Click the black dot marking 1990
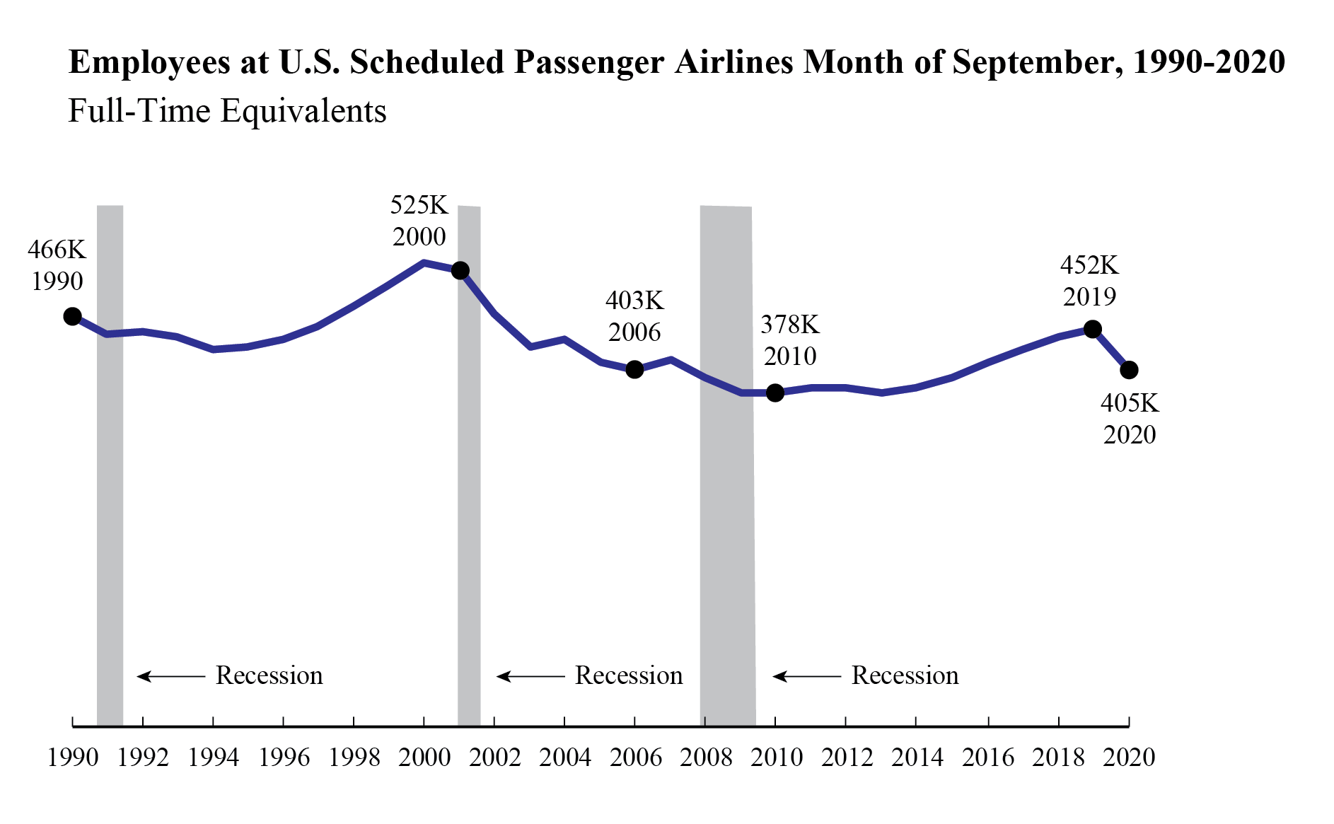click(72, 316)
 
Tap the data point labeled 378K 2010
click(775, 393)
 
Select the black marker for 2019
click(1092, 329)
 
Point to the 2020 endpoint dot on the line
click(1129, 370)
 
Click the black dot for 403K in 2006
click(634, 369)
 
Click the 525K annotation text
click(419, 205)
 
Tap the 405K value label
click(1130, 403)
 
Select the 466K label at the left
click(57, 250)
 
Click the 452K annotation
click(1089, 265)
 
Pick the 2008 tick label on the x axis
click(706, 758)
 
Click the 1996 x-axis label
click(284, 758)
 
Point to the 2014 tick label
click(917, 758)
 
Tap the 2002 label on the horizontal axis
click(494, 758)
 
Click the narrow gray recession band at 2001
click(469, 495)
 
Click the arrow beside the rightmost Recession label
click(806, 677)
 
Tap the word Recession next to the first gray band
click(269, 675)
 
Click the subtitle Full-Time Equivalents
click(227, 111)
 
